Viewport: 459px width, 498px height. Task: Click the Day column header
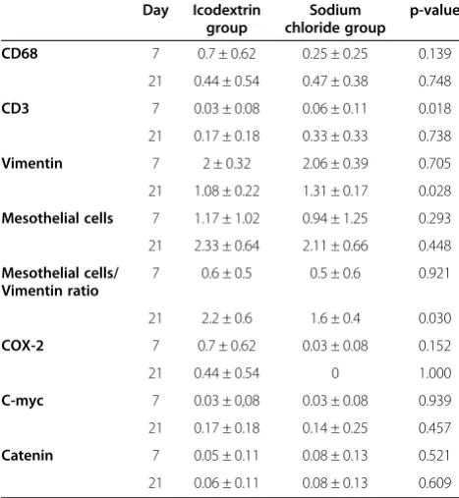pos(155,11)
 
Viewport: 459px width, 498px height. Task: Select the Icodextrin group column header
pos(227,19)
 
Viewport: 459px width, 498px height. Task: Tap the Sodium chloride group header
pos(335,19)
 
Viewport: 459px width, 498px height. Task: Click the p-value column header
pos(434,11)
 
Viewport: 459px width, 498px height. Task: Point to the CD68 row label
pos(20,53)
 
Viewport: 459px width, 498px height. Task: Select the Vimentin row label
pos(31,163)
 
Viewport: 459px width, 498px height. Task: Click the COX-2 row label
pos(23,346)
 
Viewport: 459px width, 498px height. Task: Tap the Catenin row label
pos(28,456)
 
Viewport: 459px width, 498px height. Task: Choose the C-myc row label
pos(23,401)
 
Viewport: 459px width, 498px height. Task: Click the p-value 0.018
pos(434,108)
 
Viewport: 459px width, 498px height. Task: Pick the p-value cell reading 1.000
pos(434,373)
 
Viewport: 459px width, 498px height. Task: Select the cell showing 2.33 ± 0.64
pos(227,246)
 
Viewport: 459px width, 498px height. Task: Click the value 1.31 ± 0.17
pos(335,191)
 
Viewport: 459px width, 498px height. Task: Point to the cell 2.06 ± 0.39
pos(335,163)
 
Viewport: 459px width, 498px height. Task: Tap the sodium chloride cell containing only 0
pos(335,373)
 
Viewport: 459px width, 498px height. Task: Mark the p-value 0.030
pos(434,318)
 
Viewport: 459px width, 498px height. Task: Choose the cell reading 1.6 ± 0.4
pos(335,318)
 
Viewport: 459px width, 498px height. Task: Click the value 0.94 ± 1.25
pos(335,218)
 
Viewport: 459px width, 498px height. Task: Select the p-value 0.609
pos(434,482)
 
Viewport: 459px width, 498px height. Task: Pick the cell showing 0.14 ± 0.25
pos(335,428)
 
